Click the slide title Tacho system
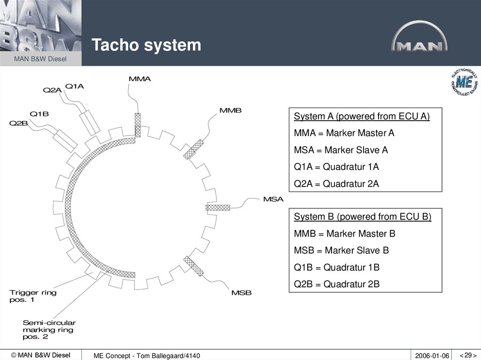click(x=146, y=45)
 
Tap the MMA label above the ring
click(x=140, y=79)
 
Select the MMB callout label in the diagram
click(x=231, y=110)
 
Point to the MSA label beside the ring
click(x=273, y=199)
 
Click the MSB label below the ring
click(x=241, y=293)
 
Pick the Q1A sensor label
click(x=75, y=86)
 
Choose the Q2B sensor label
click(x=19, y=123)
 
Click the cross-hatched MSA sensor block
click(x=218, y=207)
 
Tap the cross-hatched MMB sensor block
click(x=193, y=149)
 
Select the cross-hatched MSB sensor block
click(x=194, y=266)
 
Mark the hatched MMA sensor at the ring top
click(x=138, y=125)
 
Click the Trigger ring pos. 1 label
click(x=33, y=296)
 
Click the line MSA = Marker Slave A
click(x=341, y=150)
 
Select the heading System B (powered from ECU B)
click(x=363, y=217)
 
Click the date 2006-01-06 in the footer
click(x=432, y=356)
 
